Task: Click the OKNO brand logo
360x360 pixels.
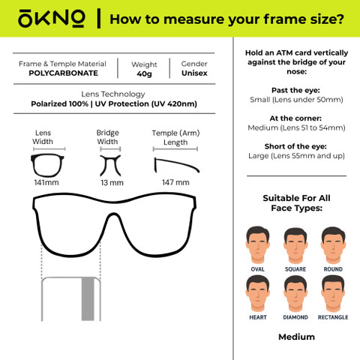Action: point(51,19)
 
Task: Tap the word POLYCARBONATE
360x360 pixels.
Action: point(63,73)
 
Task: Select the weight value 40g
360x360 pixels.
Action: point(144,73)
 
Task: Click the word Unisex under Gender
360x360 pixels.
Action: point(194,73)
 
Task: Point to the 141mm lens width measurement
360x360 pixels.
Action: point(46,182)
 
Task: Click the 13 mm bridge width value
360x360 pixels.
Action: point(112,183)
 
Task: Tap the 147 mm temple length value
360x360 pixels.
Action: point(175,182)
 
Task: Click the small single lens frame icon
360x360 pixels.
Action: point(33,165)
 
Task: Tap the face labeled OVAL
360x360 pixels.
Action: point(257,244)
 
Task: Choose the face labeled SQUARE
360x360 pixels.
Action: point(295,245)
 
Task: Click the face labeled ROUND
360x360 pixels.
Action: point(333,245)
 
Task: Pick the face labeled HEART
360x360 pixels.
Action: point(257,293)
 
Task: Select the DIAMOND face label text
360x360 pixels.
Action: point(295,317)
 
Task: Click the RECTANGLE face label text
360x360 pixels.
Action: point(333,317)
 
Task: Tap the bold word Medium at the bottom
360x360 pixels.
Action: point(296,337)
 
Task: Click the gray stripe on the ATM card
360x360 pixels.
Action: point(88,298)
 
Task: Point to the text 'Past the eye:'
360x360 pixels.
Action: point(295,90)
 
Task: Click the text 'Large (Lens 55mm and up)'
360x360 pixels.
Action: point(296,156)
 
